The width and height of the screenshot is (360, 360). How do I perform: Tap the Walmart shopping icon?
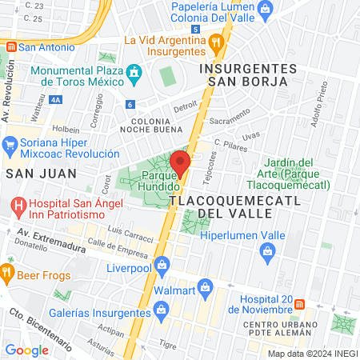(206, 286)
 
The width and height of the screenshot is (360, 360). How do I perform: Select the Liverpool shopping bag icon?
(162, 262)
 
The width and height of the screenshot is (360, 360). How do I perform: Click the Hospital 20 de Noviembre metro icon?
(299, 304)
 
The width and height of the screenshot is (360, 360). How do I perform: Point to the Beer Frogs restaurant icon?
(8, 272)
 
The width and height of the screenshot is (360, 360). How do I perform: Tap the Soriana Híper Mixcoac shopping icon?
(10, 144)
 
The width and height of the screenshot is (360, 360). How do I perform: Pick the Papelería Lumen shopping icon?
(267, 8)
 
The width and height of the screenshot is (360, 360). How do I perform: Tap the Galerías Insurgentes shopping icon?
(162, 308)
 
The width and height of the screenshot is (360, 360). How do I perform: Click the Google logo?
(27, 350)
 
